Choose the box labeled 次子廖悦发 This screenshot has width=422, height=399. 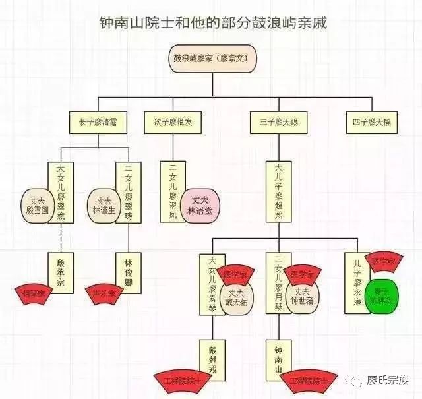(173, 121)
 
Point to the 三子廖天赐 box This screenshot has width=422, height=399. (279, 121)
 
